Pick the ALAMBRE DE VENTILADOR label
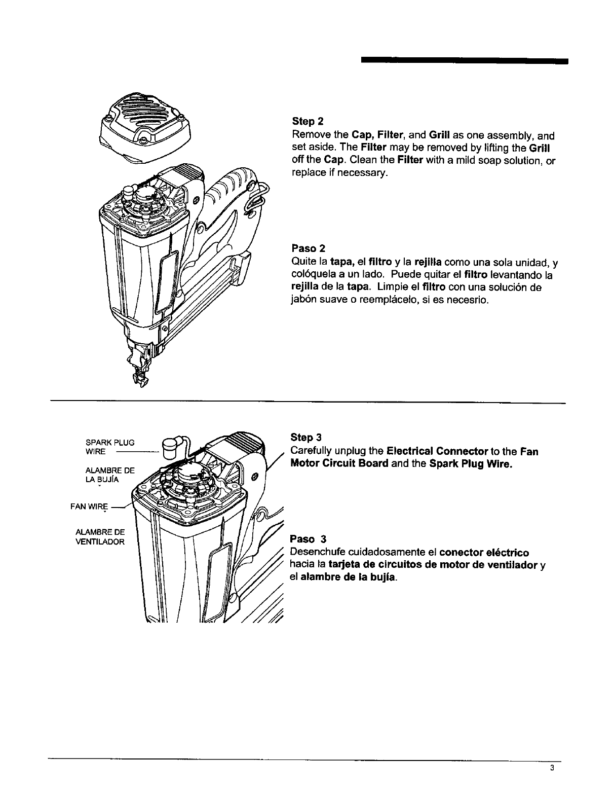coord(99,537)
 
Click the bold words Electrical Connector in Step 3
coord(436,451)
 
